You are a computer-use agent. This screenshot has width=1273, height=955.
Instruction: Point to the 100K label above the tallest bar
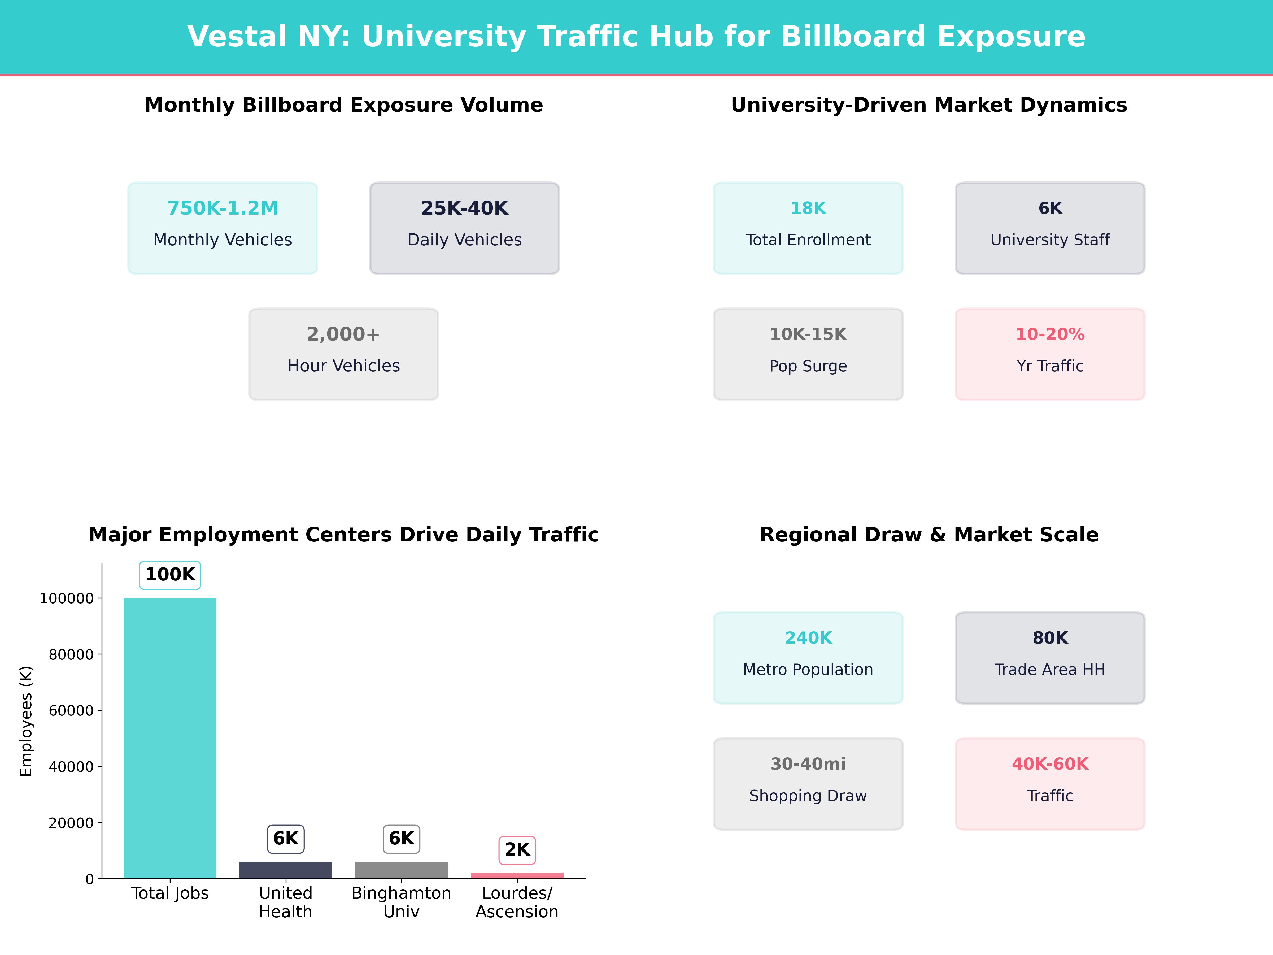pyautogui.click(x=170, y=575)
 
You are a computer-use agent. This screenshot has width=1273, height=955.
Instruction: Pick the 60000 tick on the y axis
pyautogui.click(x=71, y=710)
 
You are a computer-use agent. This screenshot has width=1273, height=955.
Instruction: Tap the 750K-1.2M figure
pyautogui.click(x=223, y=209)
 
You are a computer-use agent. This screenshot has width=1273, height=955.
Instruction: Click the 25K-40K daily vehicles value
pyautogui.click(x=464, y=209)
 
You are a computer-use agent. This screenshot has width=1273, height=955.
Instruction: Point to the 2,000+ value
pyautogui.click(x=343, y=335)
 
